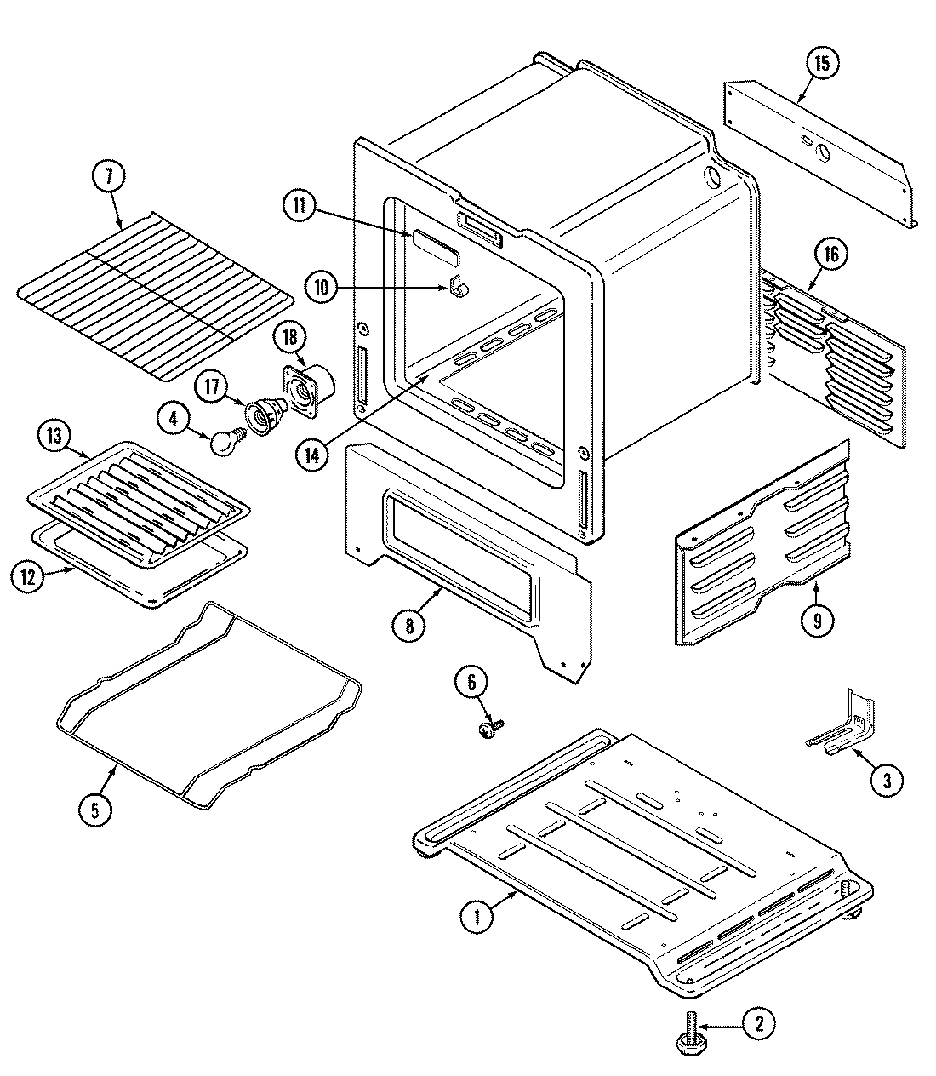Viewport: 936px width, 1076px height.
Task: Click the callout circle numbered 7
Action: (x=108, y=178)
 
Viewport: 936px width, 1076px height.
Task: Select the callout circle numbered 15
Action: (x=821, y=64)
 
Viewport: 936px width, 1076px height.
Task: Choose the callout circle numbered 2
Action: (x=759, y=1024)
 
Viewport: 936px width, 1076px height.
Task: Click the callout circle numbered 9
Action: (x=817, y=621)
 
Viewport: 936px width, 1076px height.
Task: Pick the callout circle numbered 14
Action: (x=313, y=455)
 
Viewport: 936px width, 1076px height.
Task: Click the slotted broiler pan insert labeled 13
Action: (x=140, y=502)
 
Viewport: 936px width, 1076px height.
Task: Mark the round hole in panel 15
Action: (x=823, y=153)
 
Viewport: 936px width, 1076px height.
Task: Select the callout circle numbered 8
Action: (x=409, y=626)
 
